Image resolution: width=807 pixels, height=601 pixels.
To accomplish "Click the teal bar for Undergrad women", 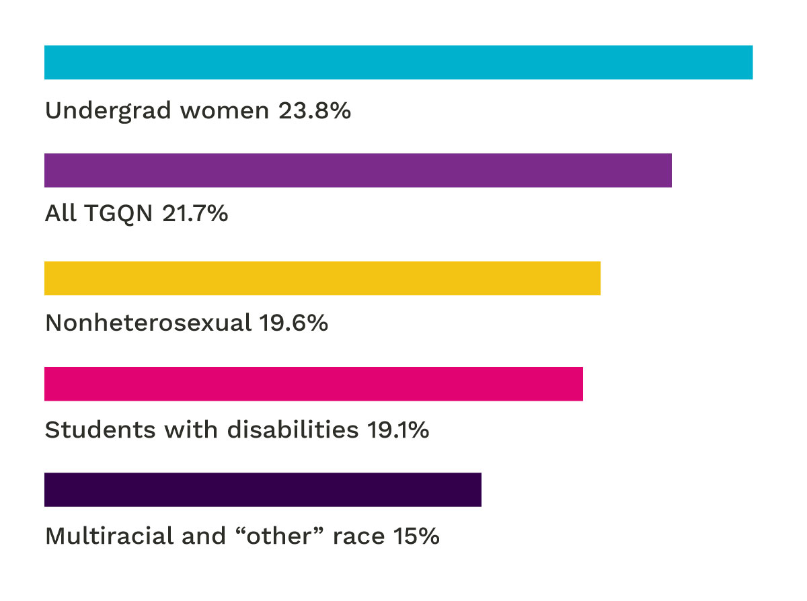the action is (398, 63).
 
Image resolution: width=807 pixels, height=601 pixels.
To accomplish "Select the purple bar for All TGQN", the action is (358, 170).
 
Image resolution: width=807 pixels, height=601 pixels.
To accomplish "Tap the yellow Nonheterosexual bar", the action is (322, 278).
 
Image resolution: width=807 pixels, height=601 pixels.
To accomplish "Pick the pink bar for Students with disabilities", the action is (313, 384).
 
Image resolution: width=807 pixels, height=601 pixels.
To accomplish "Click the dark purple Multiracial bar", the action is (263, 489).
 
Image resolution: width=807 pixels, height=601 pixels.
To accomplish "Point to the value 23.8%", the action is (315, 110).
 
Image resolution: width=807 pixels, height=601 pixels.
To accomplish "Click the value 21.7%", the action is (195, 213).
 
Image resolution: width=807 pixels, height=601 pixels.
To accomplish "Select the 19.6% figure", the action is (294, 322).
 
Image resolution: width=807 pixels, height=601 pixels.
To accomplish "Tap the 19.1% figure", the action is (398, 430).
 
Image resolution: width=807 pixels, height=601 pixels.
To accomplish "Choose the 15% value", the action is (416, 536).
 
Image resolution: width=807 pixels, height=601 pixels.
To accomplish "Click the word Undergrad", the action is (108, 111).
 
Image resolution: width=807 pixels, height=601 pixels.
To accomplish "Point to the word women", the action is (225, 111).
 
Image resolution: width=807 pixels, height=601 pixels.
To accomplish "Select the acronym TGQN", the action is (118, 214).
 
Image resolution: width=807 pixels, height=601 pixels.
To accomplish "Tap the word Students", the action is (100, 430).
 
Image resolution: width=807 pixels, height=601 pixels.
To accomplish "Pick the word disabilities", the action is (293, 430).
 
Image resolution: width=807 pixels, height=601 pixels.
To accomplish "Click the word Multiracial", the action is (109, 536).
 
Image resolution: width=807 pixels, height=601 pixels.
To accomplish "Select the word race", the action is (358, 537).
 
